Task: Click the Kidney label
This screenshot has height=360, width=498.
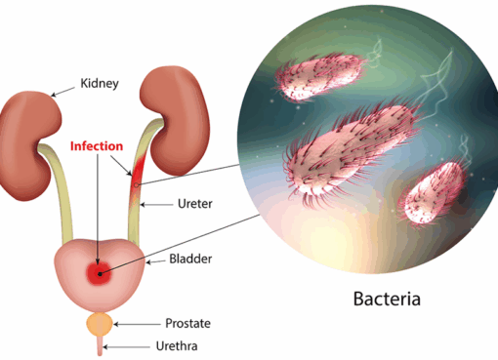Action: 99,85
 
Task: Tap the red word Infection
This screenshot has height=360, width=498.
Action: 96,147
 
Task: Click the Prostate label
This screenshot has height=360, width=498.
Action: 187,323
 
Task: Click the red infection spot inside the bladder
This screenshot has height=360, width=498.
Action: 100,272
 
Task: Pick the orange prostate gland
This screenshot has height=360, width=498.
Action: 100,322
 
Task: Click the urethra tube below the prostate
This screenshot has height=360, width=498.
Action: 100,343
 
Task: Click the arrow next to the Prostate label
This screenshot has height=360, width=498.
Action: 132,323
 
